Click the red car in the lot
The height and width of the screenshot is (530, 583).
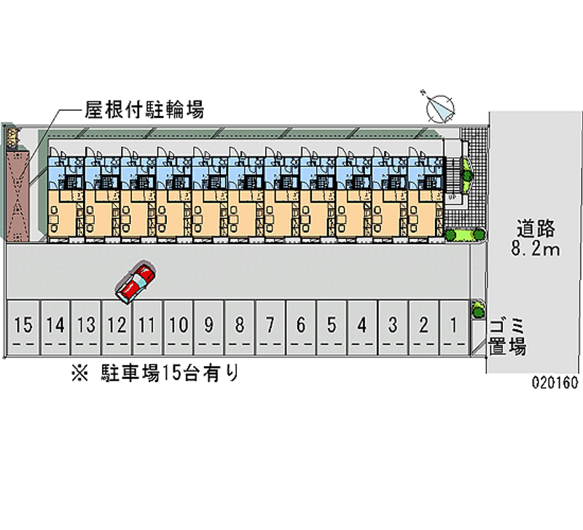[136, 283]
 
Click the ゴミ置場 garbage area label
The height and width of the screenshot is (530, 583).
[508, 336]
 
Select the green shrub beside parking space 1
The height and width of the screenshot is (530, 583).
[478, 309]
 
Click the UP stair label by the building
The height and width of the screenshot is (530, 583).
[451, 198]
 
